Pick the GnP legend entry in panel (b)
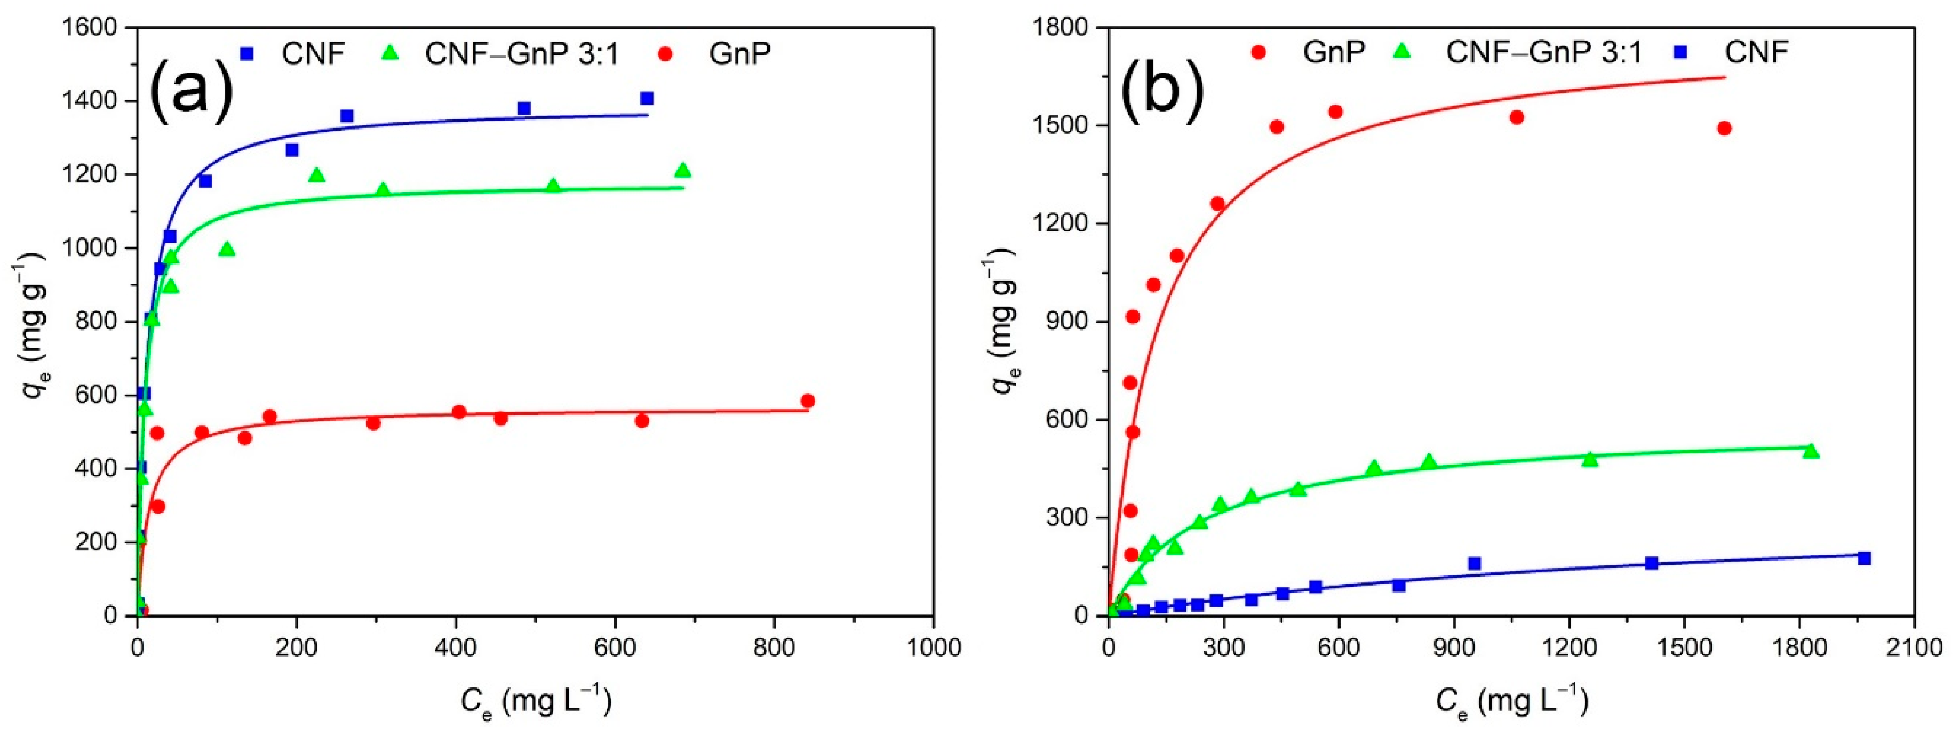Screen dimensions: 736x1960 1333,52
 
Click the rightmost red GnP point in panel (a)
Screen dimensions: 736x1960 807,401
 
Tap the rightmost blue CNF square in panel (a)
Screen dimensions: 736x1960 647,98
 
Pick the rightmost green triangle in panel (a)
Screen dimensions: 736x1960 682,170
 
